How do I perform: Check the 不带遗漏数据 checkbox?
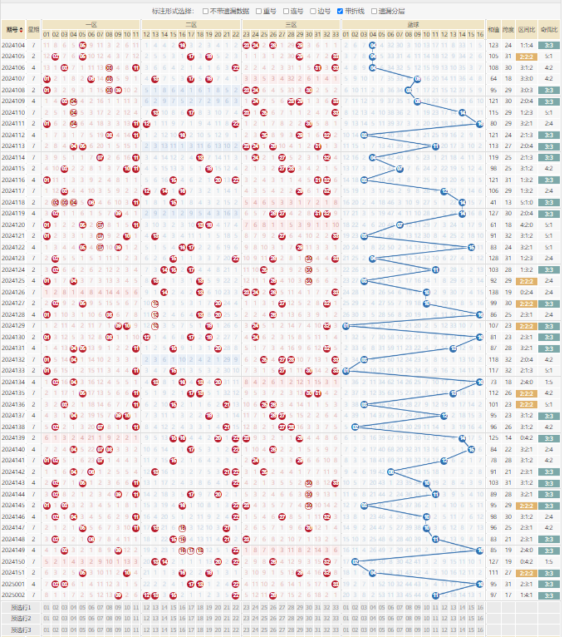tap(206, 11)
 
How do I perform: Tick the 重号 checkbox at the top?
tap(258, 11)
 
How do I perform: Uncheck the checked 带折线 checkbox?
tap(339, 11)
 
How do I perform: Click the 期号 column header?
tap(13, 29)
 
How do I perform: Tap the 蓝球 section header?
tap(412, 25)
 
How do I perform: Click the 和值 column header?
tap(494, 29)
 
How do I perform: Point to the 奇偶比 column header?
tap(548, 29)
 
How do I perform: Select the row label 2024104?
tap(13, 45)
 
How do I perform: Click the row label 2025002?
tap(13, 595)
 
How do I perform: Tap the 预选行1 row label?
tap(21, 607)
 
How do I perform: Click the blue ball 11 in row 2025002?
tap(435, 595)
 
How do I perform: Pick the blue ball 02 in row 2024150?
tap(355, 561)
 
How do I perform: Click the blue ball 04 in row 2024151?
tap(372, 572)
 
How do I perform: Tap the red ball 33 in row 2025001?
tap(335, 584)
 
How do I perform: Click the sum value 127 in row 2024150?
tap(494, 561)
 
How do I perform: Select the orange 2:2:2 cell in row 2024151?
tap(527, 572)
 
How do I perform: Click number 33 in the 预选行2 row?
tap(335, 618)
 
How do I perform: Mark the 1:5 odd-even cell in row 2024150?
tap(548, 561)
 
